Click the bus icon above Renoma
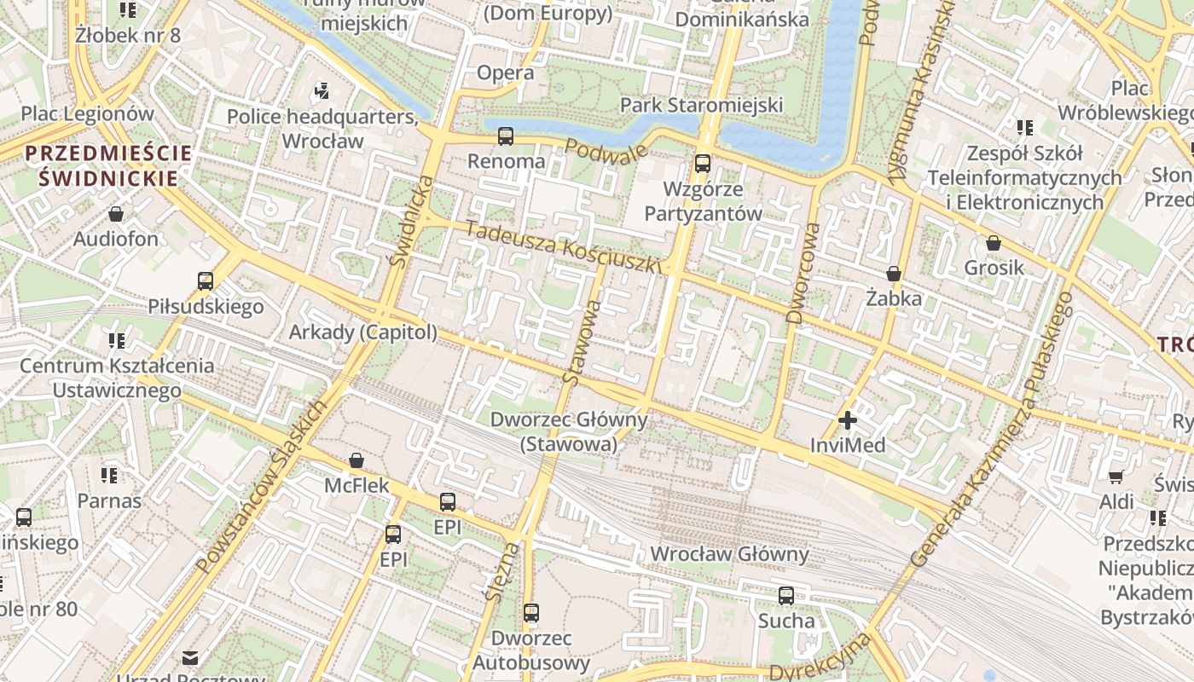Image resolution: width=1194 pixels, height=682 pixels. pos(506,136)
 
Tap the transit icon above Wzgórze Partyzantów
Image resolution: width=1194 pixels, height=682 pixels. pos(703,164)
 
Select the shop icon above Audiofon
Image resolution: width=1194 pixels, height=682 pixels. pos(116,214)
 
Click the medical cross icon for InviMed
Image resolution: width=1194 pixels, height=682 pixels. pos(848,420)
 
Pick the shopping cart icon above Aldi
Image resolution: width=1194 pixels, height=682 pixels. pos(1116,477)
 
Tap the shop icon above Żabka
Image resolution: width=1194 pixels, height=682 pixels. pos(894,274)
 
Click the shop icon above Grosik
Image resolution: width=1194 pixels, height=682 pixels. pos(994,243)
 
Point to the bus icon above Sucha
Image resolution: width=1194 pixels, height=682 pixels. pos(786,596)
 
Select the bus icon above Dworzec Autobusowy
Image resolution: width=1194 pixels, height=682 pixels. pos(531,613)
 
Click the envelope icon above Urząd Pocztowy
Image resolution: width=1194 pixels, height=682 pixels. pos(190,657)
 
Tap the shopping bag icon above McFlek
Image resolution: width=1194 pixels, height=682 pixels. pos(356,461)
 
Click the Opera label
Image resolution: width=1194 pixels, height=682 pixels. pos(506,72)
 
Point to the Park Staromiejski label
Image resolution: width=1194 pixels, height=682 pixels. pos(701,105)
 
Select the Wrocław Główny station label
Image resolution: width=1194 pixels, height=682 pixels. pos(729,554)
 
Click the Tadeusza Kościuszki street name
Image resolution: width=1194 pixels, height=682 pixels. pos(564,247)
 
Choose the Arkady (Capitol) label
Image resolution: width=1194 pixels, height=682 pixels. pos(363,332)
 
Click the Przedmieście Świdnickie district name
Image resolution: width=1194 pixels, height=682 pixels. pos(108,165)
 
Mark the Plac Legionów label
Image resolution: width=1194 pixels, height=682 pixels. pos(88,113)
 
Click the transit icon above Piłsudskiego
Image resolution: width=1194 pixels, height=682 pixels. pos(206,281)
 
